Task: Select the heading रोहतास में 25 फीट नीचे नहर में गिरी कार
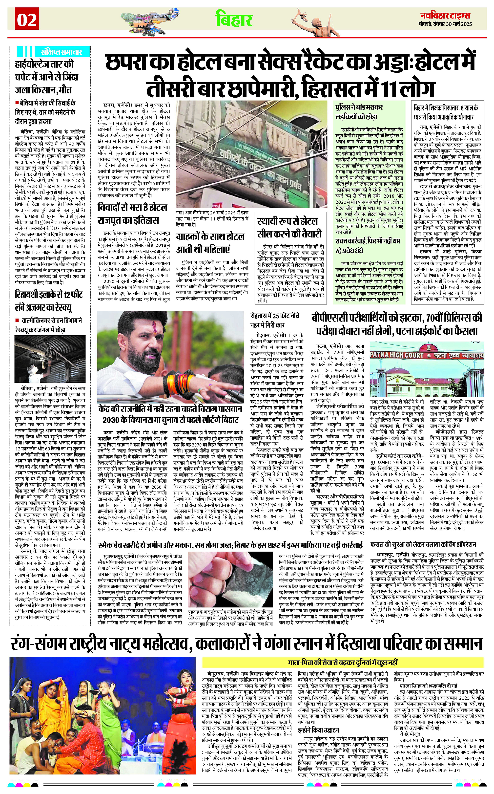[x=274, y=320]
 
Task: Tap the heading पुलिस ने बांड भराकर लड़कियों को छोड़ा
[x=359, y=112]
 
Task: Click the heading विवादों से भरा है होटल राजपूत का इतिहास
[x=133, y=214]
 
